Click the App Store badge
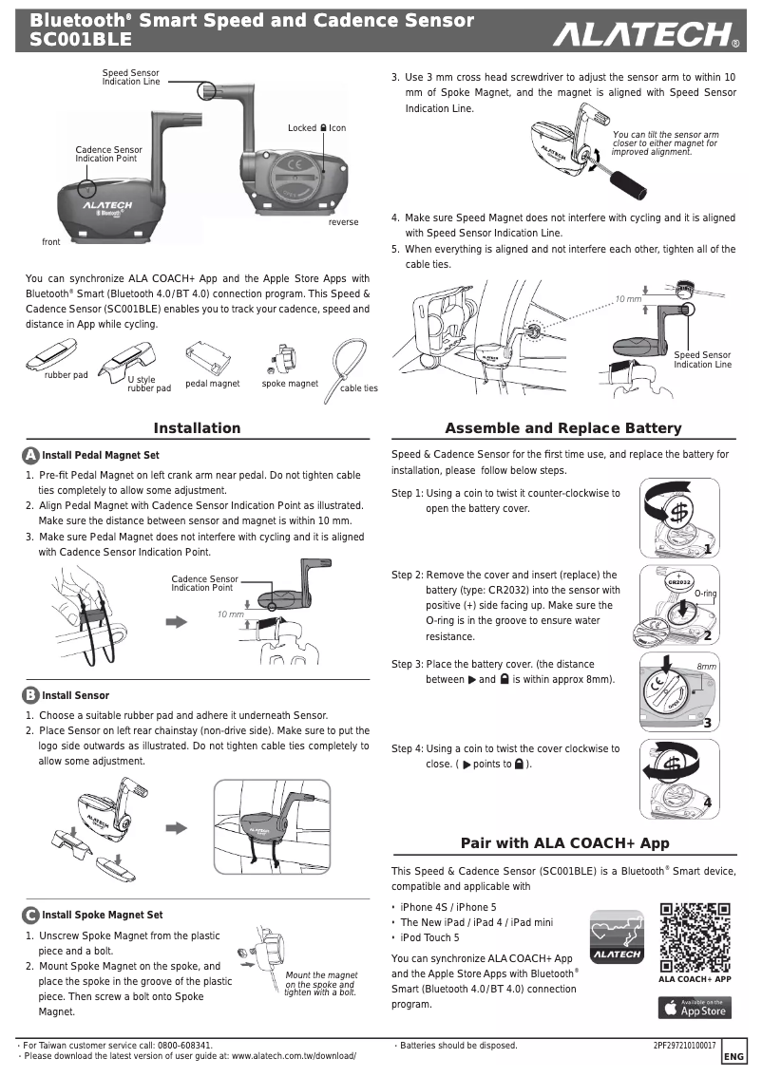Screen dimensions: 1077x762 click(695, 1006)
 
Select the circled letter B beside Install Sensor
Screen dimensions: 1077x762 click(30, 694)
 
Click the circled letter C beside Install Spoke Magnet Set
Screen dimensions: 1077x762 click(30, 915)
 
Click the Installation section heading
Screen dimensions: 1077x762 click(197, 428)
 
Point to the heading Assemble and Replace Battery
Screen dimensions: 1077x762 click(563, 428)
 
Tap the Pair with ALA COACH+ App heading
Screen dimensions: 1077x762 click(564, 842)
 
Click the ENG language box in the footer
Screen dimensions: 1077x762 click(733, 1056)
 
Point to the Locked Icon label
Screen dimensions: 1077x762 click(316, 128)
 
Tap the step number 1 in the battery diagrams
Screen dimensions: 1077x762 click(707, 549)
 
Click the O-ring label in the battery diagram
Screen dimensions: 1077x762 click(705, 593)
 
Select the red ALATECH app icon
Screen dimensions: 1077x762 click(616, 935)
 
